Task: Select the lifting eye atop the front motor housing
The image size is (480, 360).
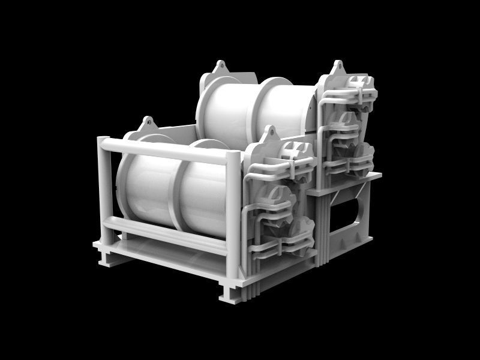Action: tap(269, 132)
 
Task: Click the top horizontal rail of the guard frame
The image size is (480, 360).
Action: tap(168, 151)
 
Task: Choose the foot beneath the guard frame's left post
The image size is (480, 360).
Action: tap(107, 259)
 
